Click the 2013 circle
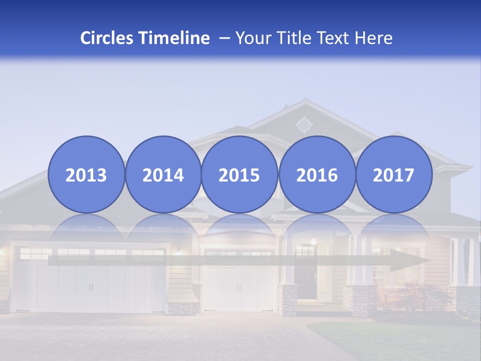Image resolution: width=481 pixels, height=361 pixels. [x=86, y=174]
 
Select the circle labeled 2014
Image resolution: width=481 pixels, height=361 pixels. [x=163, y=174]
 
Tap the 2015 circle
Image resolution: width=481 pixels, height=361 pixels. [x=239, y=174]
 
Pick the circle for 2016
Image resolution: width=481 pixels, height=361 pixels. [x=317, y=174]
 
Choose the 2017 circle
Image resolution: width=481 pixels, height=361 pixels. [x=394, y=174]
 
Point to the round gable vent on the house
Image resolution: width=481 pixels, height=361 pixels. [x=304, y=124]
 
